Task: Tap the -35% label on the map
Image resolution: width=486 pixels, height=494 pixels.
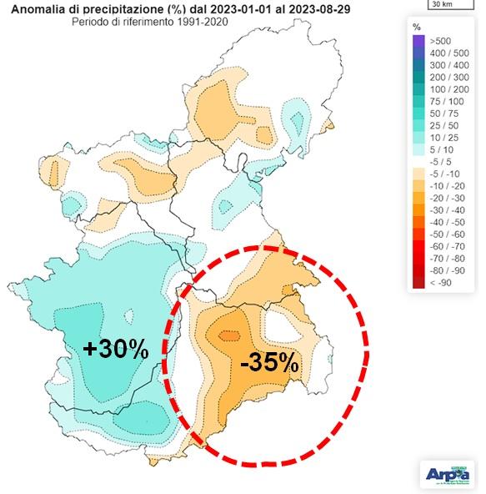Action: coord(268,363)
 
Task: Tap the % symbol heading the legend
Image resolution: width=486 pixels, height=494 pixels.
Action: coord(417,27)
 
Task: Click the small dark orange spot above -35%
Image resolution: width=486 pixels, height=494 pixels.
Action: coord(228,336)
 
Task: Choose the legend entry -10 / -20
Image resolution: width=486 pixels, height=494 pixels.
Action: coord(438,185)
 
